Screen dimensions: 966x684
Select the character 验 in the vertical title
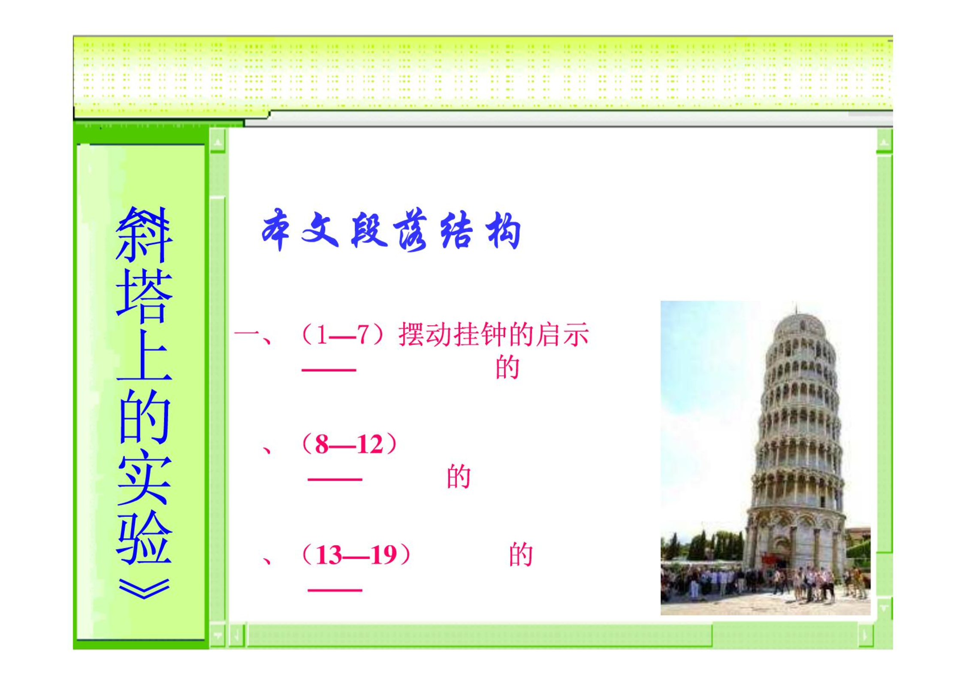click(x=144, y=537)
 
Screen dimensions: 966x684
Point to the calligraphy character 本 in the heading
click(x=275, y=230)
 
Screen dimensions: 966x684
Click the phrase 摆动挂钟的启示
click(x=494, y=334)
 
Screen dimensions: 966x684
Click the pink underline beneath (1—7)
click(x=329, y=370)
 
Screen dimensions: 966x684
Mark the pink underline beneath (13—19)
click(x=335, y=590)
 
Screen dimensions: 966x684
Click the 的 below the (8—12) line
click(x=459, y=476)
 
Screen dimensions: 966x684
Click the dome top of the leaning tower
click(x=800, y=321)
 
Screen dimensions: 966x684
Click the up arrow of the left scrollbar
click(x=217, y=142)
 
